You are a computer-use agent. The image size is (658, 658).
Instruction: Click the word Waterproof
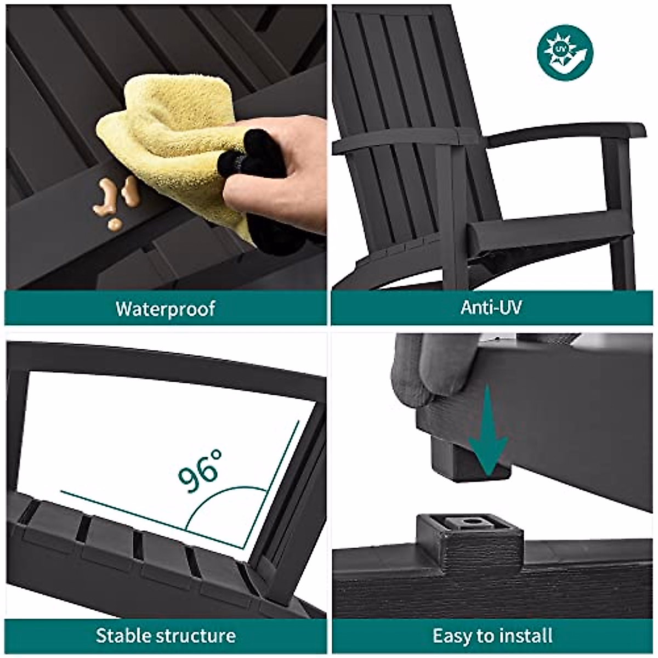click(165, 309)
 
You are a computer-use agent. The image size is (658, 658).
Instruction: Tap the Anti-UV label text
click(491, 307)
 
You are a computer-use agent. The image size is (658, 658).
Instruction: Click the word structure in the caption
click(196, 636)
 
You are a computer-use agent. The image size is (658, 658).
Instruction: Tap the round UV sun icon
click(565, 53)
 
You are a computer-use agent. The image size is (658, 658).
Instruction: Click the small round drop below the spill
click(115, 224)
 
